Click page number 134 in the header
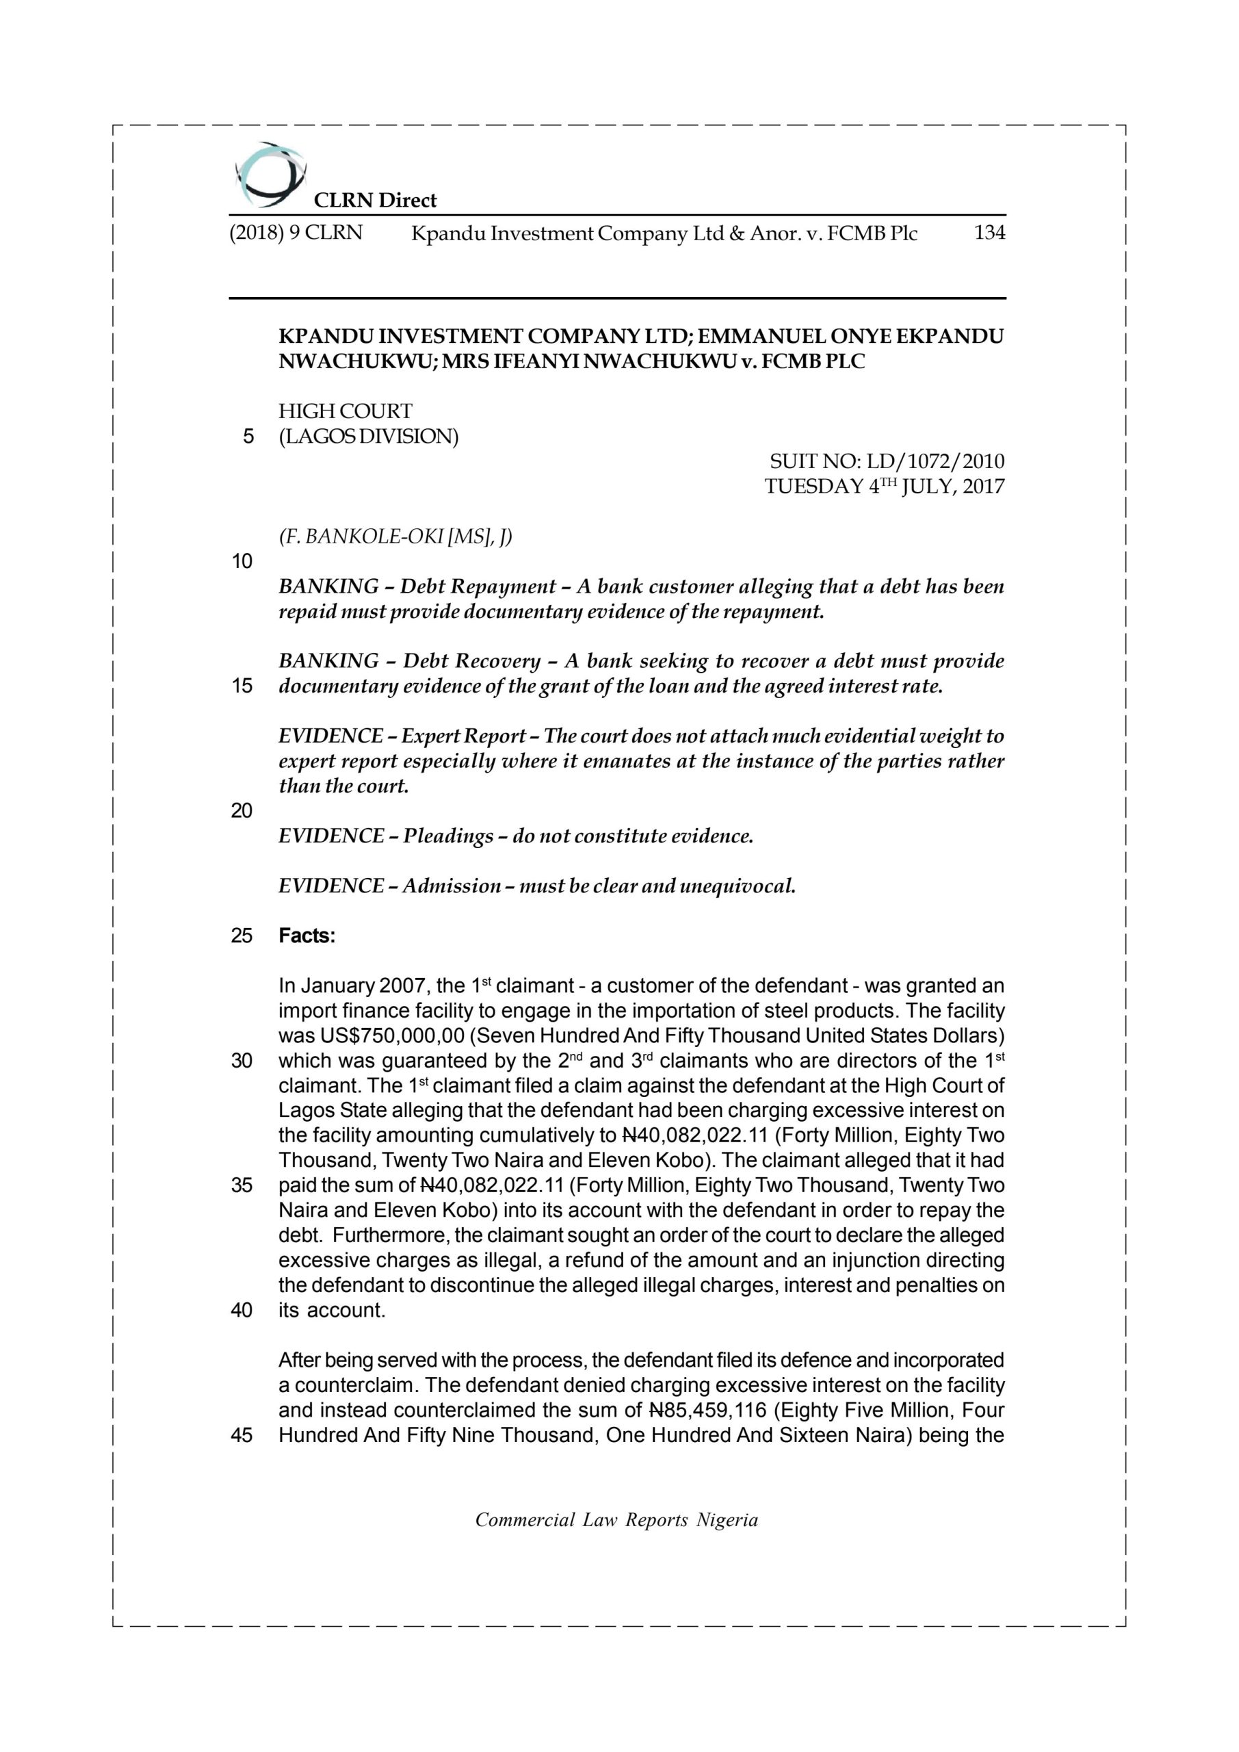click(x=989, y=233)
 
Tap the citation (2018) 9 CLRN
click(x=296, y=233)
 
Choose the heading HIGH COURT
click(x=345, y=411)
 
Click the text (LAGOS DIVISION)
click(x=369, y=437)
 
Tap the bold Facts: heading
click(x=307, y=936)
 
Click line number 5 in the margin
click(x=247, y=437)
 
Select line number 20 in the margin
click(x=241, y=810)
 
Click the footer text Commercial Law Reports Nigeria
click(x=616, y=1520)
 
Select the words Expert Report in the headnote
click(x=463, y=736)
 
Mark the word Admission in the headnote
click(x=452, y=885)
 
